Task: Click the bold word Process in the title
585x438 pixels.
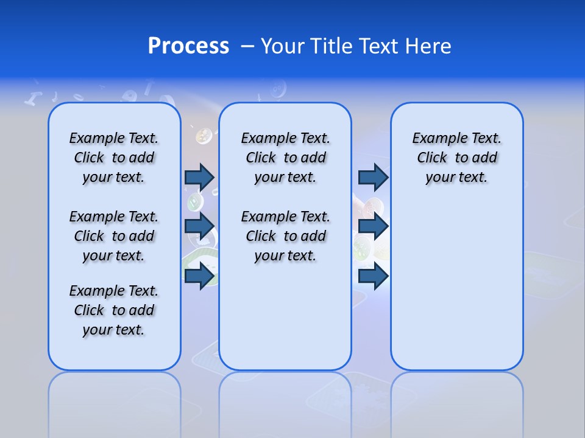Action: point(188,46)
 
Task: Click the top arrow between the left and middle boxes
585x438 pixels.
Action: point(199,177)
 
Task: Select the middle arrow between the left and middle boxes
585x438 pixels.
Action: point(199,226)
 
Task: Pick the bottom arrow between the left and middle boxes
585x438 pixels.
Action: point(199,276)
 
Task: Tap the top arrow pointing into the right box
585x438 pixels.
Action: point(373,177)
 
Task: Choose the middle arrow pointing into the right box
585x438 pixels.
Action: point(373,226)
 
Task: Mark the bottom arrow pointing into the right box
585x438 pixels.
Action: point(373,276)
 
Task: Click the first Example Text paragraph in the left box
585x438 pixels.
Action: point(114,158)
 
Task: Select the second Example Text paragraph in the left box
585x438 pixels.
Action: point(114,236)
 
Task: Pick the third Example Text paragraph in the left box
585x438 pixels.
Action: point(114,310)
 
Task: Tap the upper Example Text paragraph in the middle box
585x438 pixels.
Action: point(285,158)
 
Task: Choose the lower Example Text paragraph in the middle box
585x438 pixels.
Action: point(285,236)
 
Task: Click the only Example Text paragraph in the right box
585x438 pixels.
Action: point(456,158)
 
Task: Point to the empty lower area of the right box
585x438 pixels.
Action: point(456,286)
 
